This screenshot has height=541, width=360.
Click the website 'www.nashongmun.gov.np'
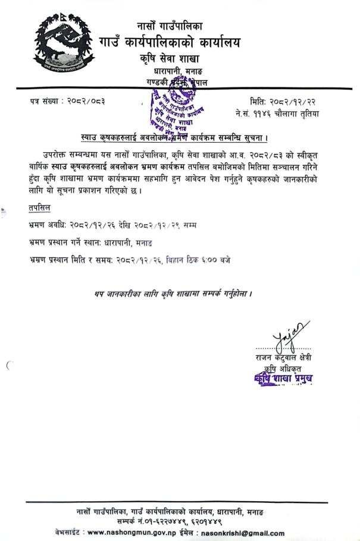tap(132, 533)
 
